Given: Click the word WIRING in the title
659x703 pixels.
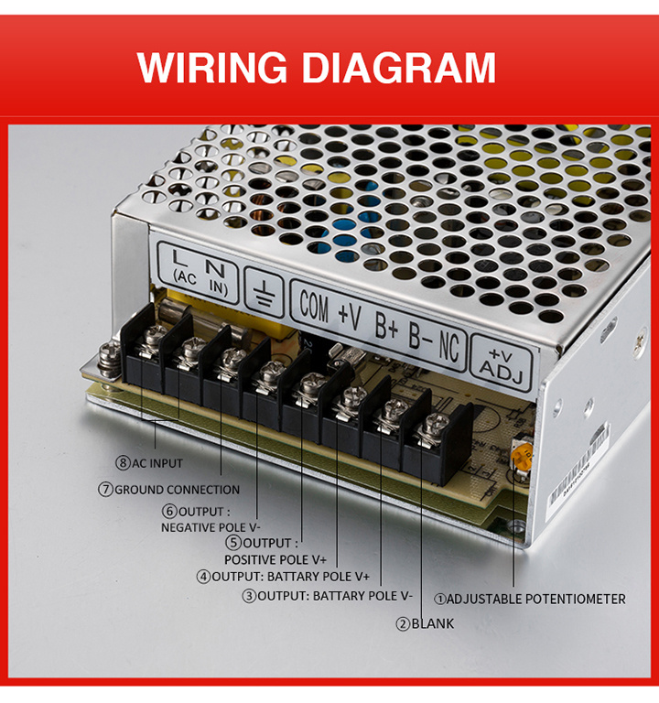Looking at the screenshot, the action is coord(212,67).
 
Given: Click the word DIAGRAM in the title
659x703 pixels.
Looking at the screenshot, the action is coord(399,67).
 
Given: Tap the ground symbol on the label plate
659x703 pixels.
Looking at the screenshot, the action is coord(265,292).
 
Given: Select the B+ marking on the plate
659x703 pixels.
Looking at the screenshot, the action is coord(386,325).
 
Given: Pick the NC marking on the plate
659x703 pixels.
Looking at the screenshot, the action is coord(449,344).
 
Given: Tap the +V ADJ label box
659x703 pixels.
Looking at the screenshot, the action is coord(502,363).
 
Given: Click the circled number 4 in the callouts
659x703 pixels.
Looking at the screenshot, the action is coord(203,577).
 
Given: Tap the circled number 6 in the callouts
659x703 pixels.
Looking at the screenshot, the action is coord(169,512).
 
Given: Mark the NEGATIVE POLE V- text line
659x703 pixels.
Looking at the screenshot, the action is coord(211,527).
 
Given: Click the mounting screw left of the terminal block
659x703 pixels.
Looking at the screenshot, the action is coord(109,359).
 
